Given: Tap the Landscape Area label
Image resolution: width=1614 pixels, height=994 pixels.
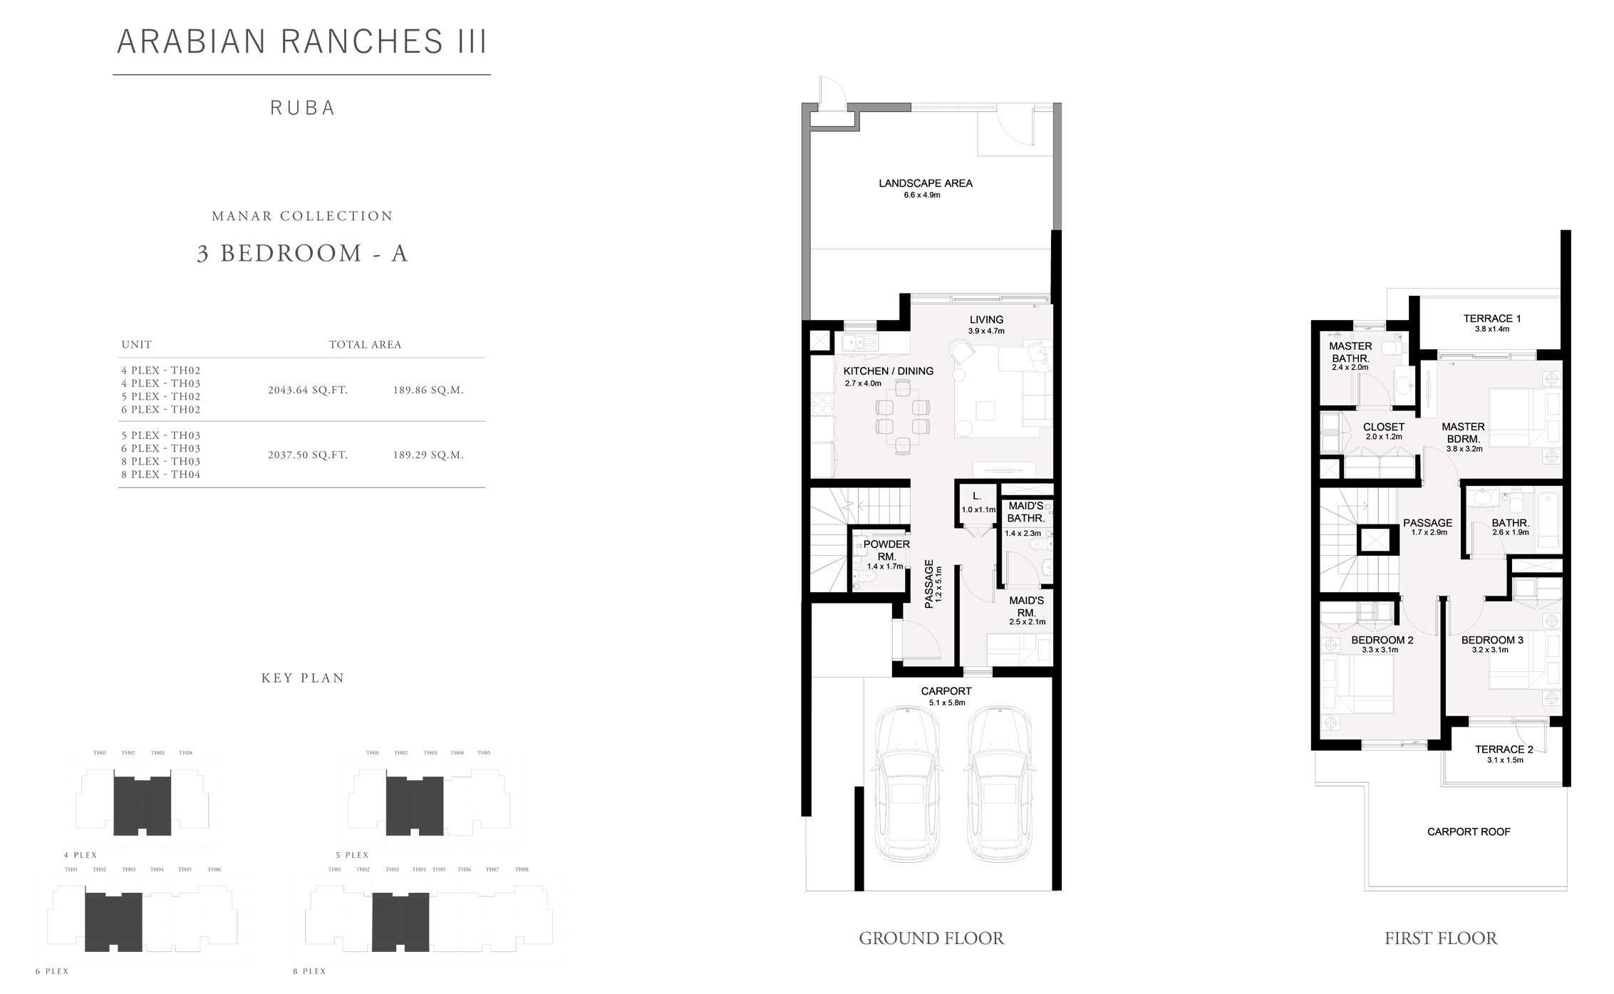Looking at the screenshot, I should point(925,183).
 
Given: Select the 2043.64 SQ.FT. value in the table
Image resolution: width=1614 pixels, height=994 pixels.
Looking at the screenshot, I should point(308,390).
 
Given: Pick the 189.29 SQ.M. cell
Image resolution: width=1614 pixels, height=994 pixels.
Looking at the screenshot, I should point(428,455).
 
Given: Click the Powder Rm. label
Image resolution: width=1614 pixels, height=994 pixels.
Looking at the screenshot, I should point(886,550).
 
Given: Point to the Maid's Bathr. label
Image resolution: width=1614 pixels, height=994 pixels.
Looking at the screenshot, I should point(1025,512).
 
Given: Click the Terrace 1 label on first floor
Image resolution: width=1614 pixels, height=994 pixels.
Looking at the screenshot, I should point(1491,319).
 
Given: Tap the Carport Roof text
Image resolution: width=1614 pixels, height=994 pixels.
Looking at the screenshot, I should point(1468,832).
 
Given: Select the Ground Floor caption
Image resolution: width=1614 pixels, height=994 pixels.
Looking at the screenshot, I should point(931,938).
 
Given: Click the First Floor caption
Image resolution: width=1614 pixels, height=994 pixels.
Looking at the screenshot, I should point(1440,938).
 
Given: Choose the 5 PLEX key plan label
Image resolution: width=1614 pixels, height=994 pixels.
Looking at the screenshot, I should point(352,855).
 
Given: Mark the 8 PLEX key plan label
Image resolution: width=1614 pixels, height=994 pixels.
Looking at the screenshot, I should point(309,971).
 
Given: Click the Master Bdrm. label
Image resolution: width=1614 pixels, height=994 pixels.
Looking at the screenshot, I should point(1463,433).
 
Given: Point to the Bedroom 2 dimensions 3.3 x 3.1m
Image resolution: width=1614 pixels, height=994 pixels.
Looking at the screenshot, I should point(1380,650).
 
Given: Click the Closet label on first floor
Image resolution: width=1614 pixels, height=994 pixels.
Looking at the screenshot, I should point(1383,427).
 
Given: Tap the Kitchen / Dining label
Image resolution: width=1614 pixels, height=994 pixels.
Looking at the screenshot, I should point(888,371).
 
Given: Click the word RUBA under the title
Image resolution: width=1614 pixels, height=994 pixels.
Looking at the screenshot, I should point(302,108).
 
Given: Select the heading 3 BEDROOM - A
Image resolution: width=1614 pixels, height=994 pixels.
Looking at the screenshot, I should point(302,254).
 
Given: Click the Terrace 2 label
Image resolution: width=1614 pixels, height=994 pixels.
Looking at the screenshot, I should point(1504,749).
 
